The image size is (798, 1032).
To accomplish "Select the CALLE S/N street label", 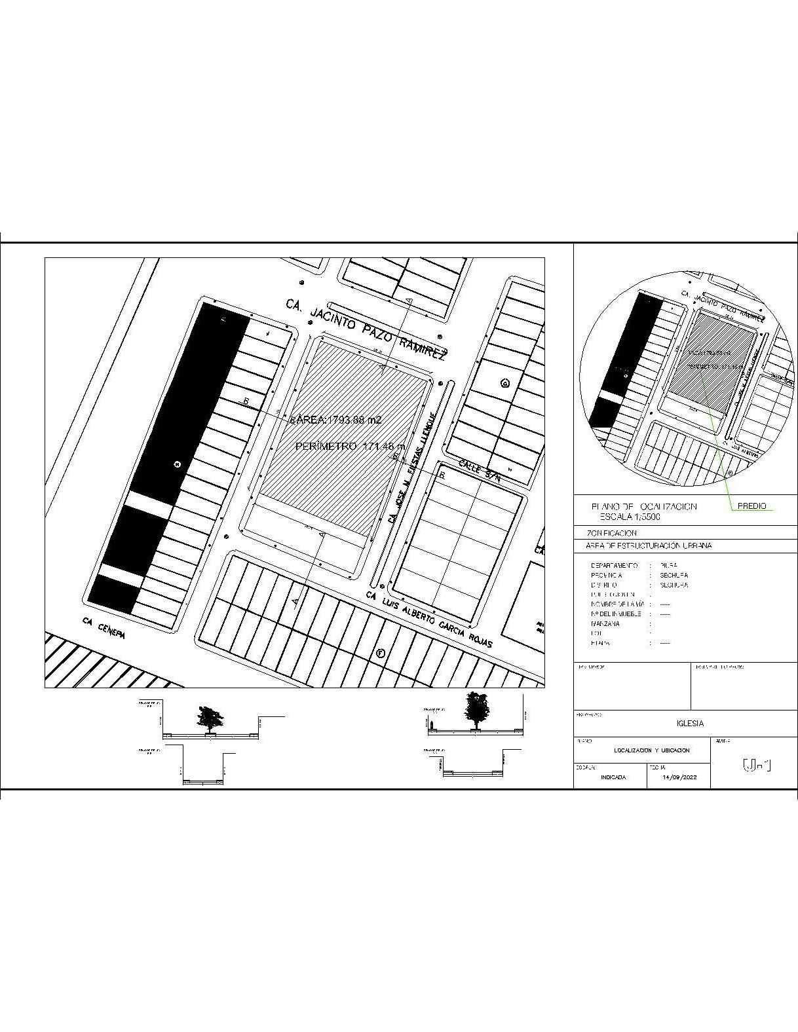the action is pyautogui.click(x=480, y=471).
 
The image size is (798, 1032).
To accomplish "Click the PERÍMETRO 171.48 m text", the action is pyautogui.click(x=351, y=447).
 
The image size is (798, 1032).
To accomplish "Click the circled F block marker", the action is pyautogui.click(x=380, y=653).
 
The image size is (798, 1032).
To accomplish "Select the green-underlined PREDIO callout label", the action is pyautogui.click(x=751, y=506).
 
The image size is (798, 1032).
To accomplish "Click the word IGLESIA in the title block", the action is pyautogui.click(x=690, y=724).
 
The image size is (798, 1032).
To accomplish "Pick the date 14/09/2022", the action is pyautogui.click(x=679, y=777).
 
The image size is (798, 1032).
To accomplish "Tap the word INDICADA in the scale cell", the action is pyautogui.click(x=613, y=777).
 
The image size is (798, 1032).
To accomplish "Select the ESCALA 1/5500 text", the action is pyautogui.click(x=626, y=517).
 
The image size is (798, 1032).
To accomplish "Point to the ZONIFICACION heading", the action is pyautogui.click(x=607, y=533).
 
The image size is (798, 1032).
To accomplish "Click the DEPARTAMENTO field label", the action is pyautogui.click(x=614, y=565).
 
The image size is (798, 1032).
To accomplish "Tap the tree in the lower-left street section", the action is pyautogui.click(x=209, y=718).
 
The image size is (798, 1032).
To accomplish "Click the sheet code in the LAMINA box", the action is pyautogui.click(x=756, y=765).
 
